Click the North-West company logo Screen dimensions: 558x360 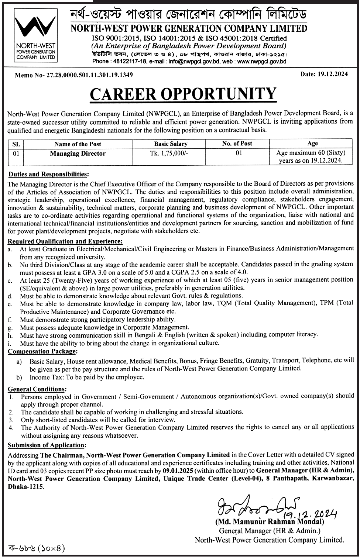coord(35,35)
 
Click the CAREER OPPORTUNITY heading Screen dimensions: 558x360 coord(183,94)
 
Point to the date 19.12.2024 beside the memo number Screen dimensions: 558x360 coord(332,74)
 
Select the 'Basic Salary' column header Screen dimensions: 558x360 coord(171,144)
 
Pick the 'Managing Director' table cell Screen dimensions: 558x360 coord(78,154)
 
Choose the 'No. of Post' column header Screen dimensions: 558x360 coord(237,144)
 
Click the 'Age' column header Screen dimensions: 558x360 coord(312,144)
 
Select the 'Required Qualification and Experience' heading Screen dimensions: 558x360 coord(65,241)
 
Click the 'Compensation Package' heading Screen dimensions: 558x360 coord(42,351)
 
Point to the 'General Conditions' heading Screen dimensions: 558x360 coord(37,389)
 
